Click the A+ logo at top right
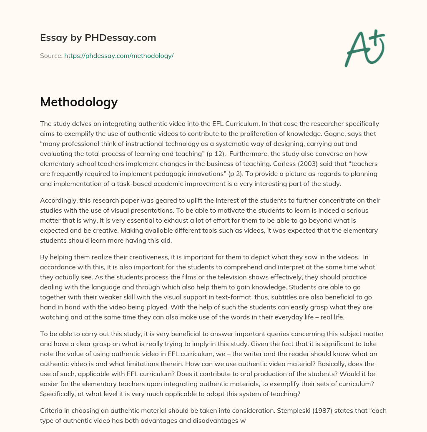pos(364,48)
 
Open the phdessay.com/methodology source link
pos(119,55)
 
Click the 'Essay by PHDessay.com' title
pos(98,38)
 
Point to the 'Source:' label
pos(51,55)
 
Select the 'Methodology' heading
pos(79,102)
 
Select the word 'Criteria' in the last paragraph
pos(52,410)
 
